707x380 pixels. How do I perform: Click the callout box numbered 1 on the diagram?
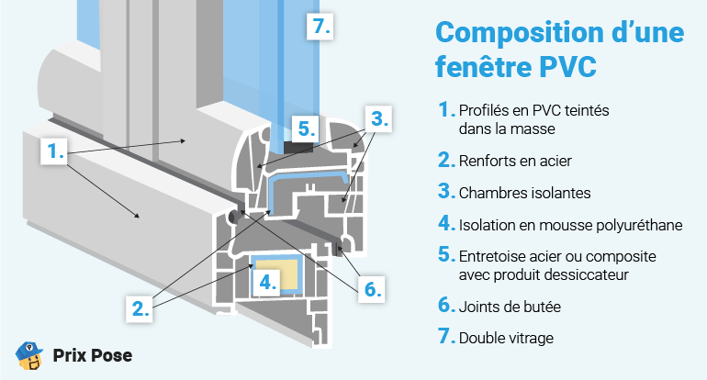[x=54, y=151]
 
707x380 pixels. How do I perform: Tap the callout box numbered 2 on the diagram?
[x=140, y=308]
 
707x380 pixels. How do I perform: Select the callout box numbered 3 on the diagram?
[x=379, y=118]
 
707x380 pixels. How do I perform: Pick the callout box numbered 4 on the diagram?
[x=266, y=282]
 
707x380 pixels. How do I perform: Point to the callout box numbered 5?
[x=306, y=128]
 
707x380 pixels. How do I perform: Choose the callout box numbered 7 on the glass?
[x=319, y=27]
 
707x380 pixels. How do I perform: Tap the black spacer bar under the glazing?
[x=297, y=146]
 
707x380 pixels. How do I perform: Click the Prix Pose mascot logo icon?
[x=30, y=355]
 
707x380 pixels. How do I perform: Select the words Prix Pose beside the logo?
[x=92, y=356]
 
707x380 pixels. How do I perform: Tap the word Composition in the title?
[x=524, y=32]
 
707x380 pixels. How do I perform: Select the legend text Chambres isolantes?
[x=524, y=193]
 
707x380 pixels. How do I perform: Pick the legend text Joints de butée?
[x=509, y=305]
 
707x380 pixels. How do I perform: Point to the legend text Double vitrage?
[x=506, y=338]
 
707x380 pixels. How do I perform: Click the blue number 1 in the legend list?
[x=445, y=110]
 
